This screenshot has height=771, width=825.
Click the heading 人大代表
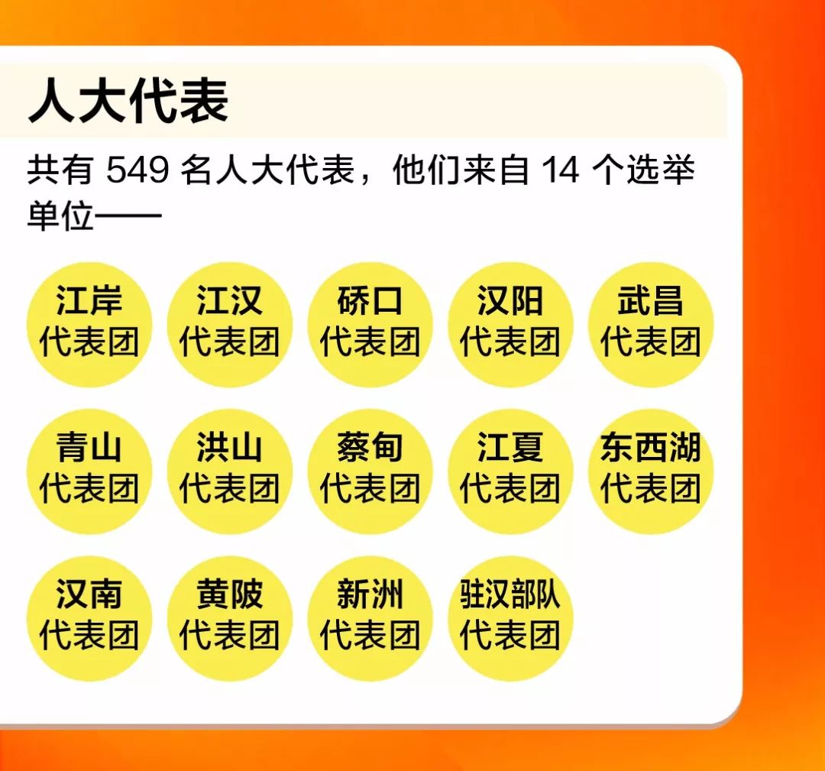coord(128,101)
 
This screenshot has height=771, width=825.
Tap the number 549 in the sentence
coord(137,171)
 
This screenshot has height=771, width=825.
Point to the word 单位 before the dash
coord(60,216)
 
